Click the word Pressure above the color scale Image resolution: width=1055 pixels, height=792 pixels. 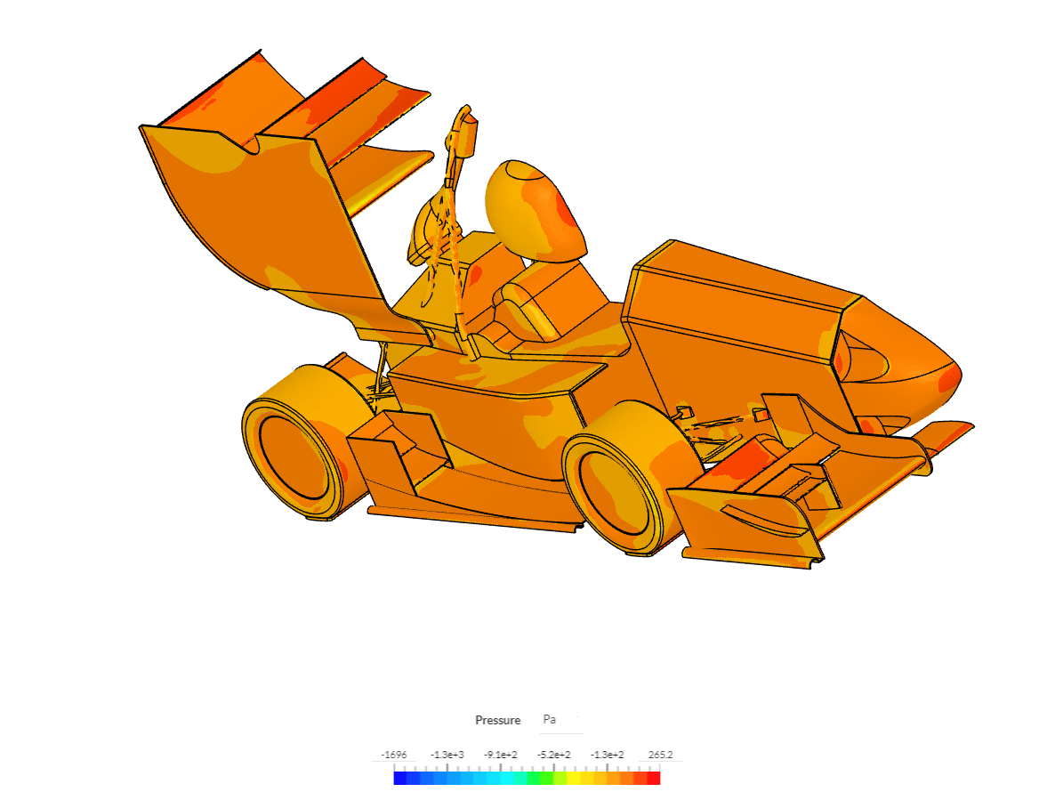[x=497, y=720]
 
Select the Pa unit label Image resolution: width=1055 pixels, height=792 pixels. [x=549, y=719]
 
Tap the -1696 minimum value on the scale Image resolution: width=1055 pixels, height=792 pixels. [x=393, y=755]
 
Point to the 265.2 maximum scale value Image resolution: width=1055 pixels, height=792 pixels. [x=660, y=755]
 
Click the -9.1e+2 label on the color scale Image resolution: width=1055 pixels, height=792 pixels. [x=501, y=755]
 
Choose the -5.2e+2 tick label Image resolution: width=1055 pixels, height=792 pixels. [x=553, y=755]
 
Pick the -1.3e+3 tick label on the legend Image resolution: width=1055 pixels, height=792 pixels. [x=447, y=755]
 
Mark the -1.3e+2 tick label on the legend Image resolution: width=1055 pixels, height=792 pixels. [x=607, y=755]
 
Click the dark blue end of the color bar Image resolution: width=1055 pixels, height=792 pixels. [x=399, y=778]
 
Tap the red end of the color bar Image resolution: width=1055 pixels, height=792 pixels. [x=653, y=778]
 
